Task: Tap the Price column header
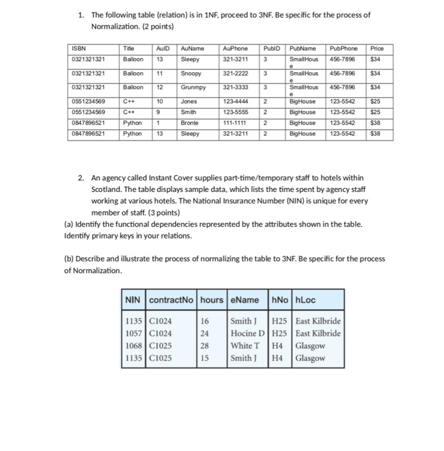point(377,48)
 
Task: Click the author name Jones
point(189,102)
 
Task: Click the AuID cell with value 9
point(159,112)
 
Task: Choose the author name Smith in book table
point(190,112)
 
